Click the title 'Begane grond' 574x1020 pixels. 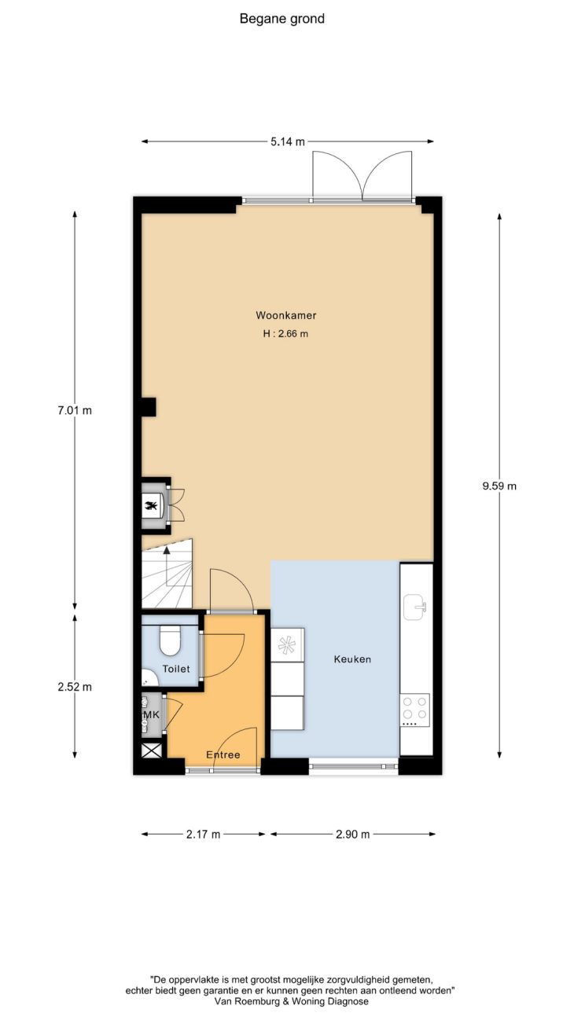tap(282, 19)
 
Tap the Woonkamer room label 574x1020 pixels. tap(286, 315)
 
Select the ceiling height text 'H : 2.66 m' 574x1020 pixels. tap(285, 334)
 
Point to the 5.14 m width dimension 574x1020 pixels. tap(288, 141)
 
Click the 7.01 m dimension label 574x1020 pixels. tap(75, 410)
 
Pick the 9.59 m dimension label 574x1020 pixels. tap(499, 486)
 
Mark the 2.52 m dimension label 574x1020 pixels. tap(75, 687)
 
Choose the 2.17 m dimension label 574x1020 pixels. tap(203, 835)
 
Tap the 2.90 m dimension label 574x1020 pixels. tap(352, 835)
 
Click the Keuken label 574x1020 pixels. tap(352, 659)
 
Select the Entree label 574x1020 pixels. tap(223, 754)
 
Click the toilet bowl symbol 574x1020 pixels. tap(171, 640)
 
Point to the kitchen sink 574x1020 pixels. tap(414, 607)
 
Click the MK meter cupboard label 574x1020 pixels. tap(151, 715)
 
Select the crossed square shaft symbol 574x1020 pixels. tap(151, 750)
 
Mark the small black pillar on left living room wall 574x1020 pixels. tap(149, 407)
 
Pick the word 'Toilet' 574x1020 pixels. tap(176, 669)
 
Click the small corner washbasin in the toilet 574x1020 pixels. tap(148, 678)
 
